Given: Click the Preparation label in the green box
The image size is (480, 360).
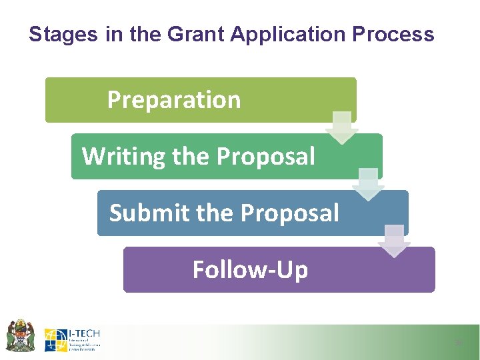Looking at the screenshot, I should (174, 100).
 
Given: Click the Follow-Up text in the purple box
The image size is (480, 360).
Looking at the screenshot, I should (250, 270).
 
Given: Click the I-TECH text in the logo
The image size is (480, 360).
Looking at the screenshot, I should (85, 333).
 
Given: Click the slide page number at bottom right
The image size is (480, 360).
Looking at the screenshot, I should (458, 343).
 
